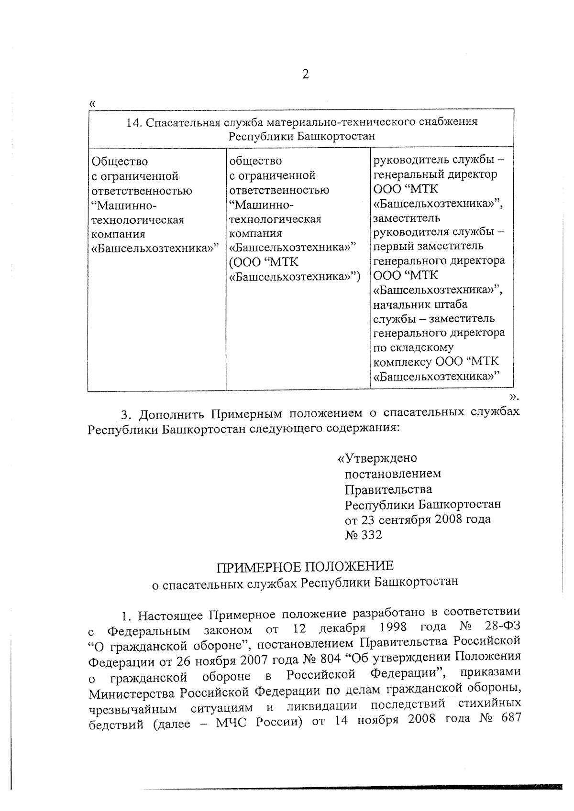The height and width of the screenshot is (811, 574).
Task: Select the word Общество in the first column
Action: pos(120,162)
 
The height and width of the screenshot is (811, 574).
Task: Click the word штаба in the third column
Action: pos(451,304)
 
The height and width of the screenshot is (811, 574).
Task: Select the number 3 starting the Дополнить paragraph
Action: pos(125,413)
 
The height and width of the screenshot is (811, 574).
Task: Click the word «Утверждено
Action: pos(377,458)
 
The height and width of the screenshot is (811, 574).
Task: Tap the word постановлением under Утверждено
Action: pos(393,474)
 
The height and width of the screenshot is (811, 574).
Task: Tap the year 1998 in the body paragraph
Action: pos(392,627)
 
